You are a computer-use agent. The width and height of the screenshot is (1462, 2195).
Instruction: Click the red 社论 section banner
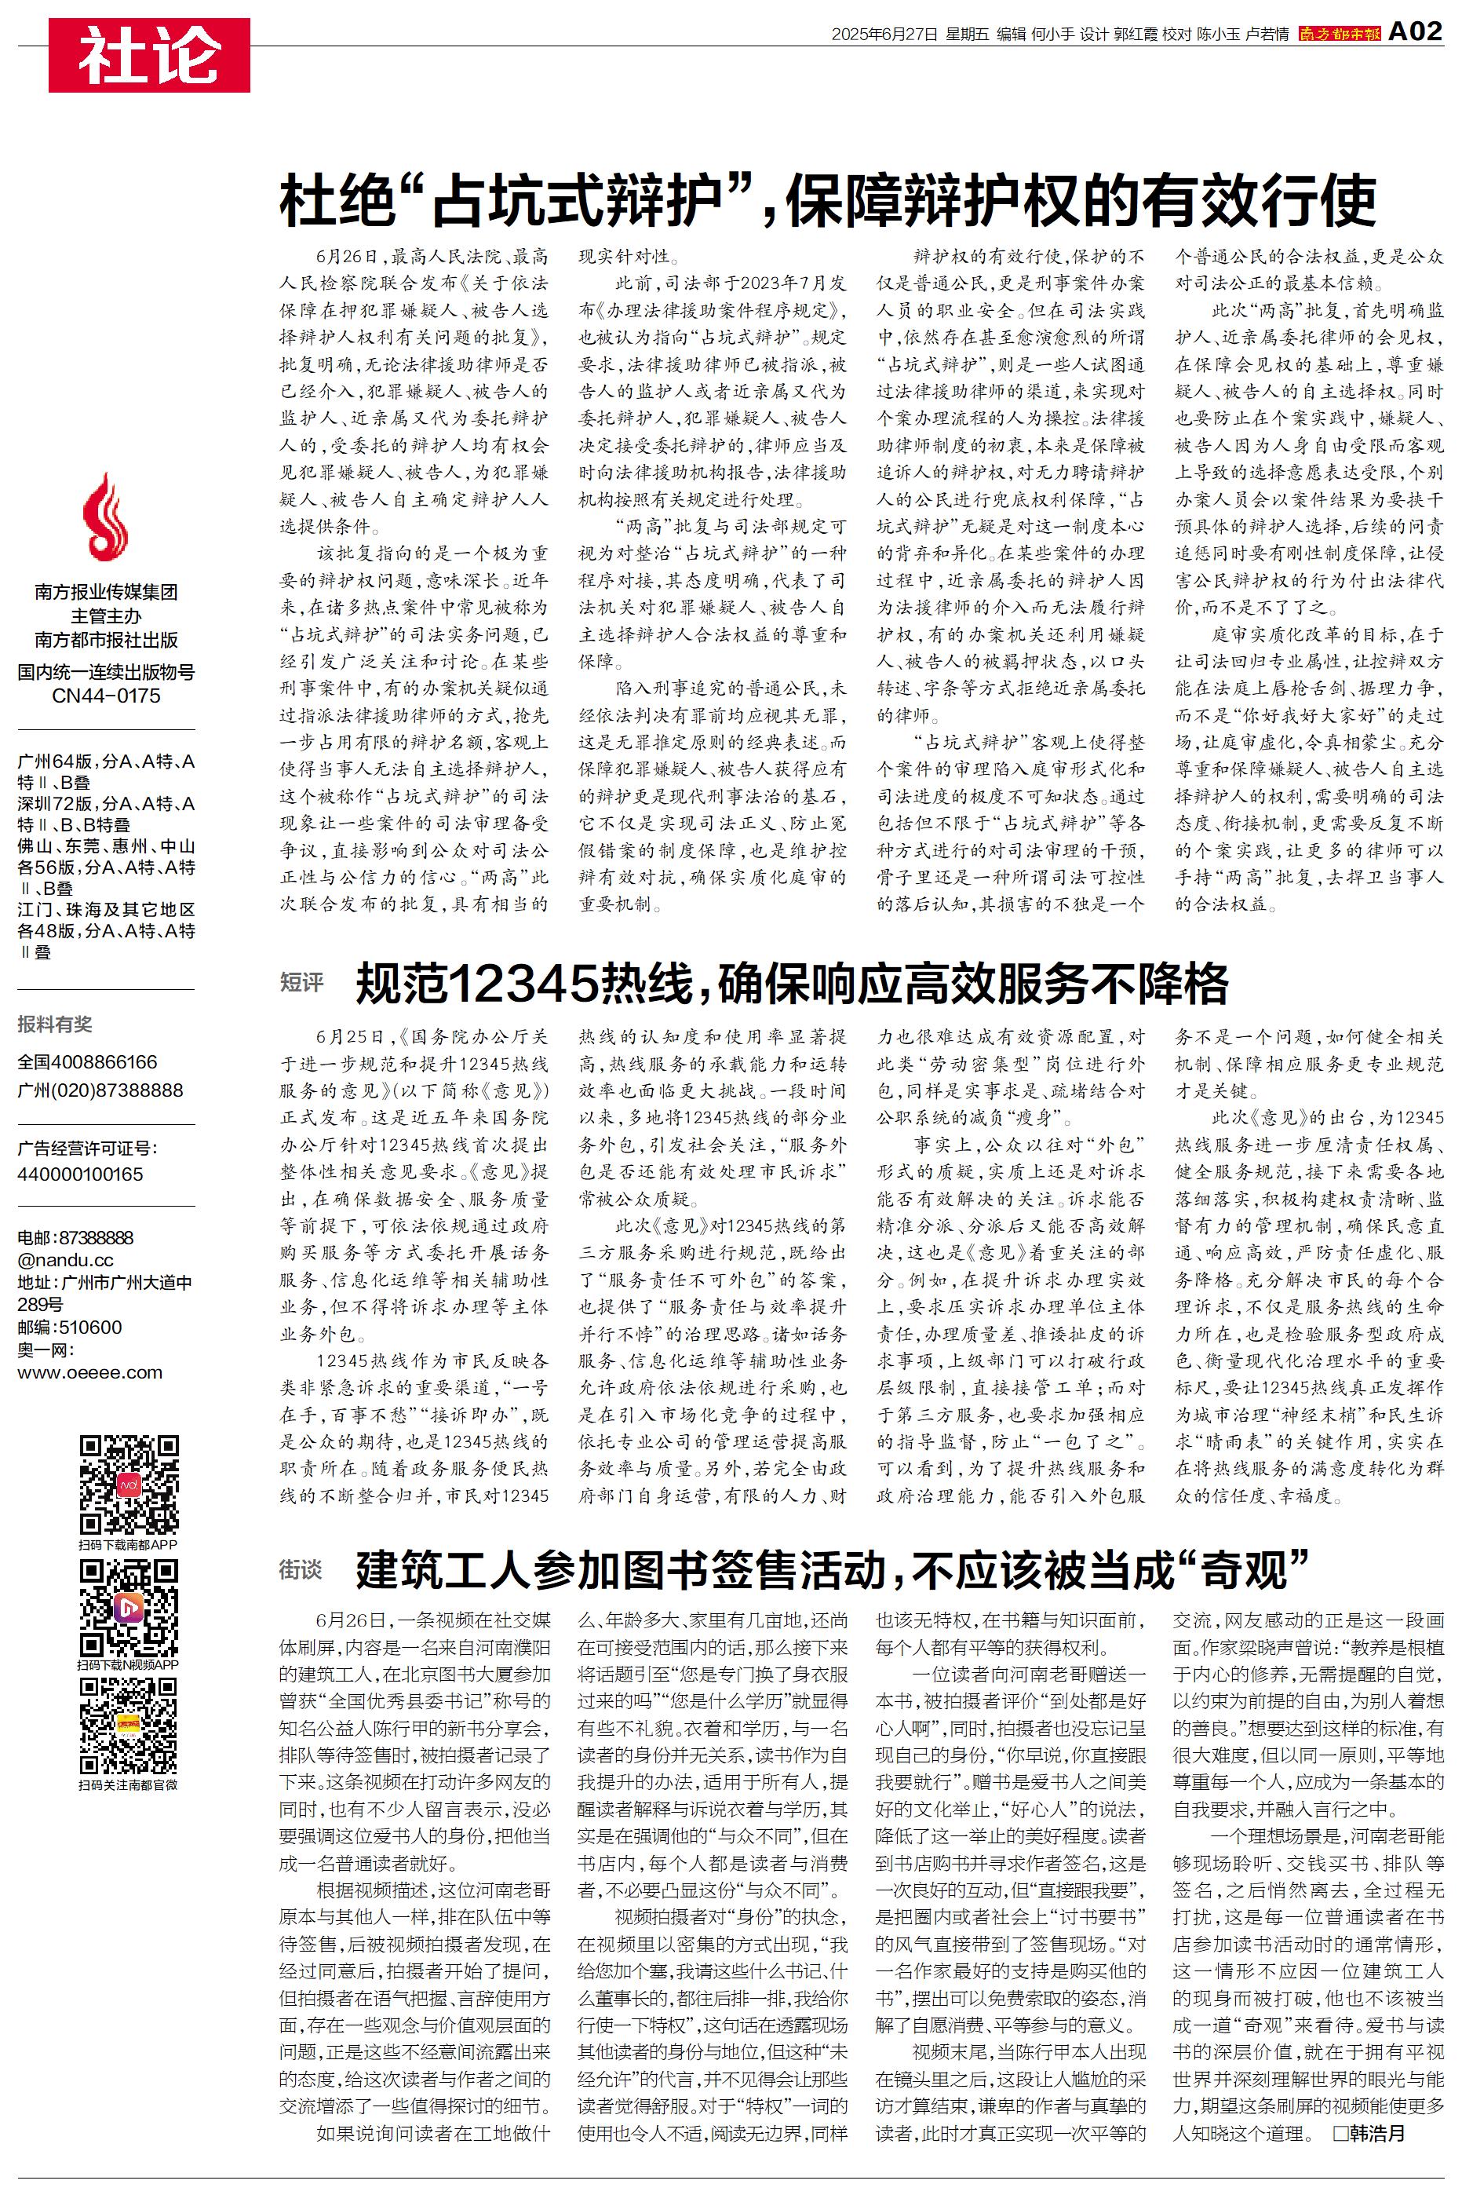(x=149, y=55)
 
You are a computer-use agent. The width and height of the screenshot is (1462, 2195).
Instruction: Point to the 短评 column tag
(x=301, y=982)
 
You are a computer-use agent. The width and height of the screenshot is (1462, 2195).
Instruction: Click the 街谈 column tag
(x=301, y=1570)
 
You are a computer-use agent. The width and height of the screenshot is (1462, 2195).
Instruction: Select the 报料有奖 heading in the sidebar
(x=55, y=1024)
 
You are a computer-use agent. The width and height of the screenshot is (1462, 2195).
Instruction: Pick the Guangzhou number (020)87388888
(x=100, y=1090)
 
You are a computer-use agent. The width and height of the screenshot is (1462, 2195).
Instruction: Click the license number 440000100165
(x=80, y=1174)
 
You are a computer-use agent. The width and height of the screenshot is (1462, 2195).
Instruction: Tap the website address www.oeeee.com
(x=89, y=1372)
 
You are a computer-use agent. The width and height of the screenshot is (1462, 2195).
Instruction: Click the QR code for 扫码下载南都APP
(x=129, y=1485)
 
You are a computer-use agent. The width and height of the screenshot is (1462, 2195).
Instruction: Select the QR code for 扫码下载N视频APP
(x=129, y=1609)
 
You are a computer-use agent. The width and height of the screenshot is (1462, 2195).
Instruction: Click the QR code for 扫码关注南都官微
(x=129, y=1726)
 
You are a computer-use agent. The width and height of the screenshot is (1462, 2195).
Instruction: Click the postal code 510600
(x=90, y=1327)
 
